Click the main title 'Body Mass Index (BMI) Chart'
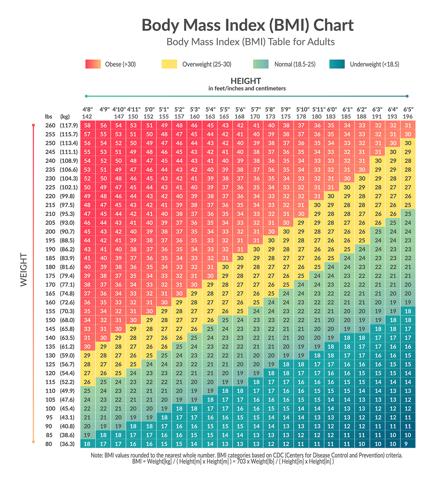[x=248, y=25]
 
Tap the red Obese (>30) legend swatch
[x=93, y=64]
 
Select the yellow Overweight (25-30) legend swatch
[x=169, y=64]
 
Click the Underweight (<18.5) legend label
[x=374, y=64]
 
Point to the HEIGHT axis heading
[x=246, y=81]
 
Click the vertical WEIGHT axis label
[x=24, y=269]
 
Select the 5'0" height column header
[x=149, y=110]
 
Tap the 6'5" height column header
[x=408, y=110]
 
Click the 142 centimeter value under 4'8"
[x=87, y=117]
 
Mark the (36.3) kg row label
[x=68, y=444]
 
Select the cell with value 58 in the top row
[x=87, y=126]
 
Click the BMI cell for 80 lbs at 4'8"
[x=87, y=444]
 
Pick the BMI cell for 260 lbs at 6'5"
[x=408, y=126]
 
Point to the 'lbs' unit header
[x=49, y=117]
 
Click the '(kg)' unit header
[x=65, y=117]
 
